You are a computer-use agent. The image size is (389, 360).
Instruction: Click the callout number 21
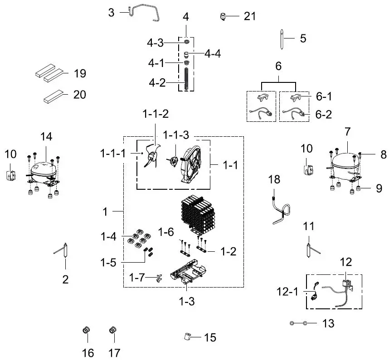(250, 16)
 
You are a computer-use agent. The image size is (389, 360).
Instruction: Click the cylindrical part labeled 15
(186, 337)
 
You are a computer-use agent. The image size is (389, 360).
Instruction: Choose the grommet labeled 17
(113, 331)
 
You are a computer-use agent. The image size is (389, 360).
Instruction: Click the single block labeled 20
(53, 96)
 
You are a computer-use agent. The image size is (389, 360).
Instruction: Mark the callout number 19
(80, 74)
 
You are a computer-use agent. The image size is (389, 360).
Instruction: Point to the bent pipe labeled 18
(280, 210)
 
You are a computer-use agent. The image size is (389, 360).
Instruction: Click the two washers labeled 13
(299, 323)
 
